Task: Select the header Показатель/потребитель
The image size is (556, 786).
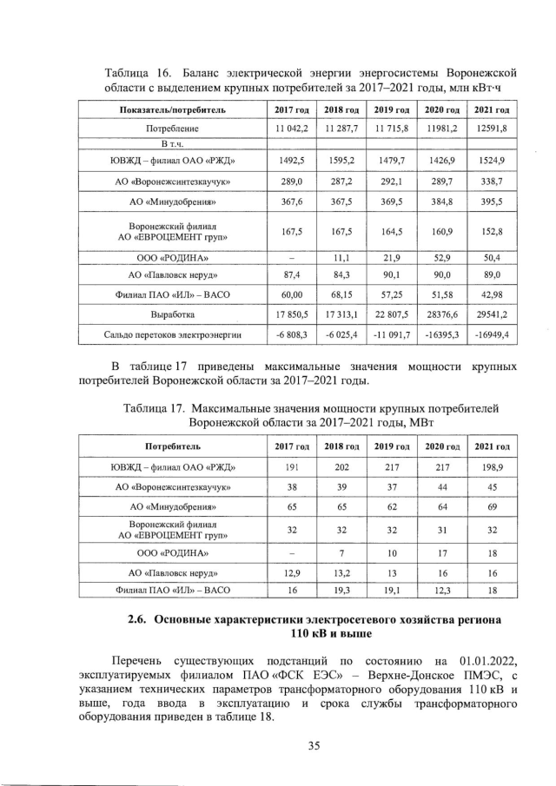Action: click(x=172, y=111)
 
